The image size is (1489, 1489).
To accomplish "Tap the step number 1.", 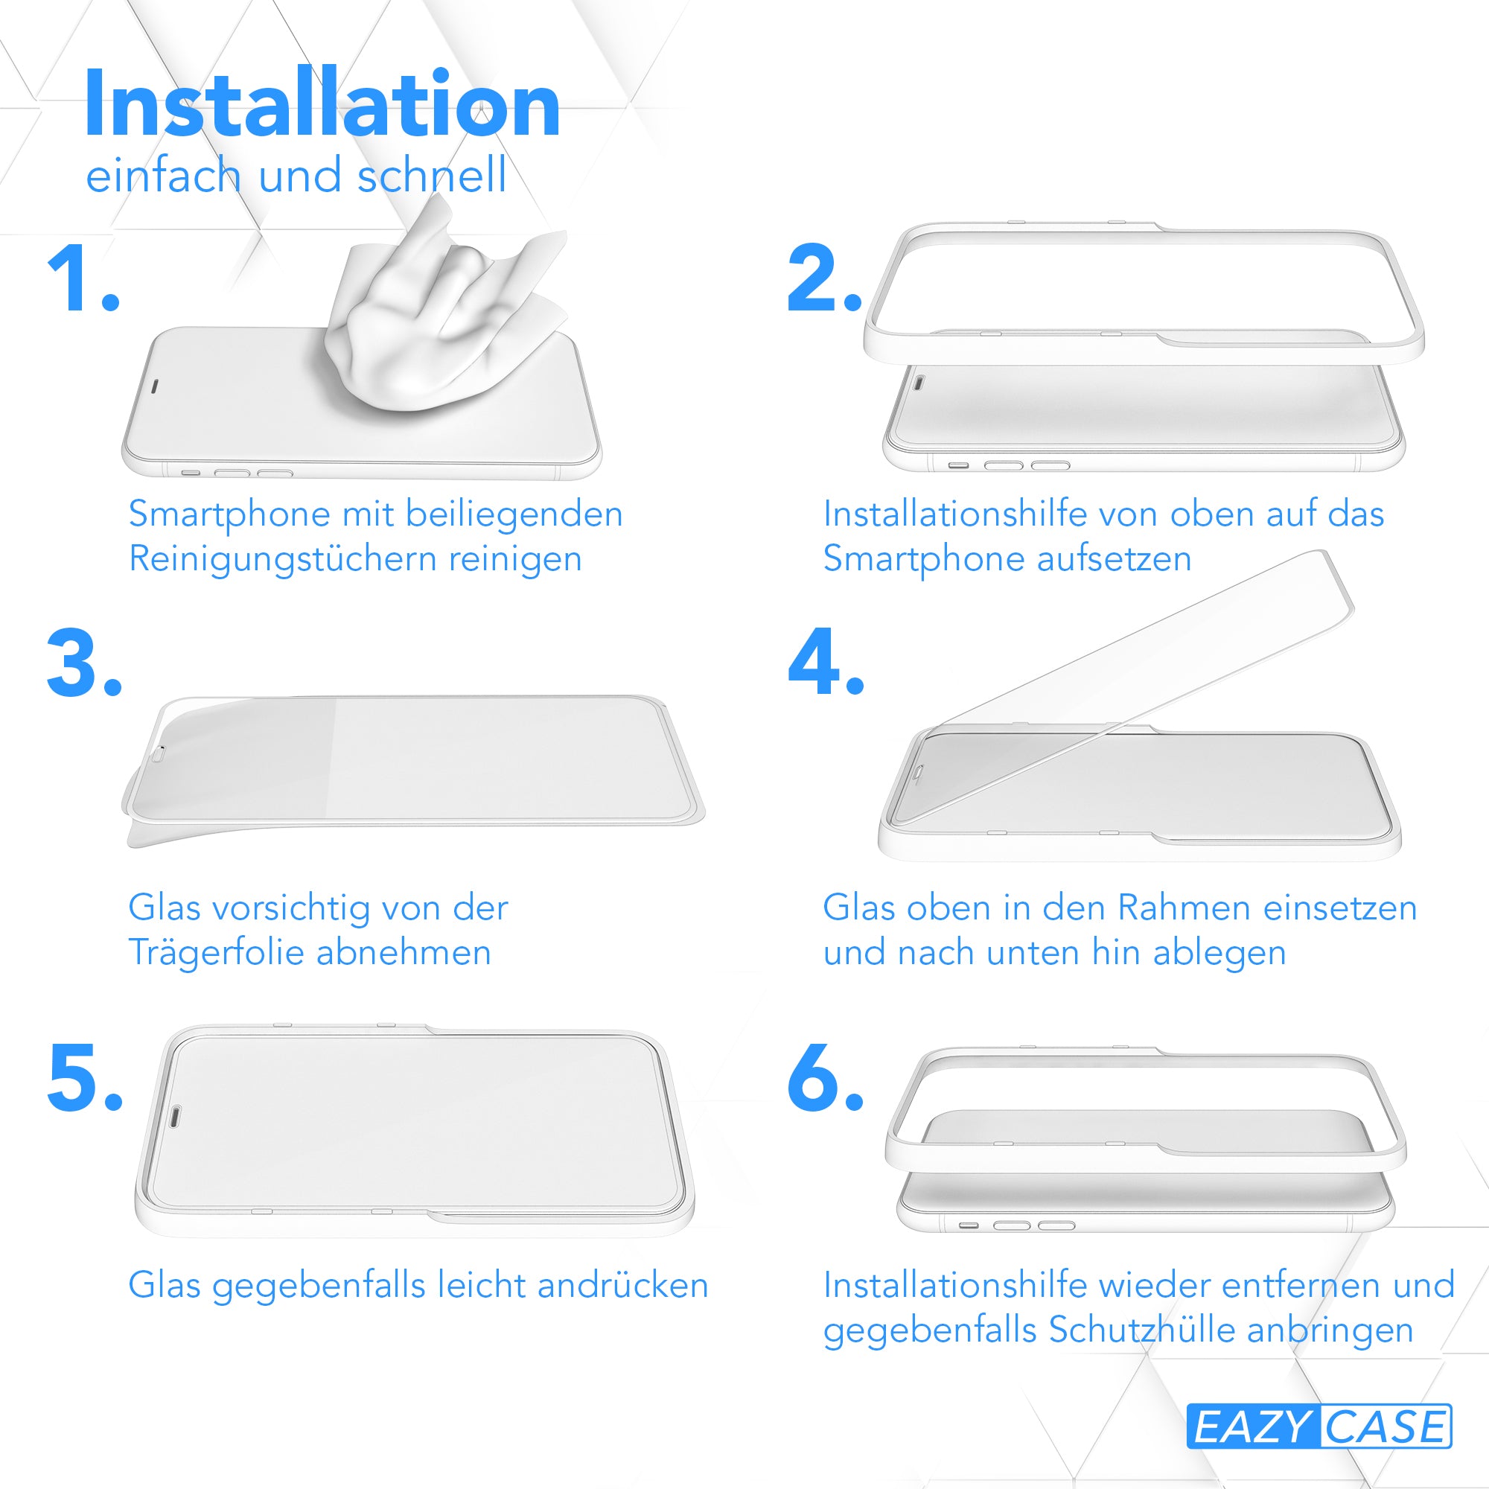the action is pos(83,278).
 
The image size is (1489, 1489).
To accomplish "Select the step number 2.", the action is pos(824,278).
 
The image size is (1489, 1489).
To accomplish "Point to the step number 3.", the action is pos(84,662).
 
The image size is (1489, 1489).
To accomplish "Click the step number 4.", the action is pos(826,660).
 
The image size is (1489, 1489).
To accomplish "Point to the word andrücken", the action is pos(622,1286).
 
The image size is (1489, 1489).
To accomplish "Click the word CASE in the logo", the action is pos(1385,1426).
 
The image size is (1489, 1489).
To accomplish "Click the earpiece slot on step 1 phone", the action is pos(153,385).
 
